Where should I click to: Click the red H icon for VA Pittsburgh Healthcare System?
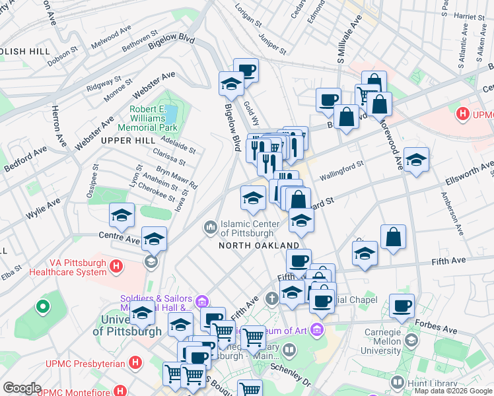click(x=116, y=267)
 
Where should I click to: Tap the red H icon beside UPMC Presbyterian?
click(x=135, y=362)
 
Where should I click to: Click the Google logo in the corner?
click(x=22, y=388)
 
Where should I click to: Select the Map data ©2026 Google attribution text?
click(x=452, y=391)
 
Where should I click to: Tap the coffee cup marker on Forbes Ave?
click(x=402, y=306)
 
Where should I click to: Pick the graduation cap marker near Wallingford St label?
click(x=416, y=160)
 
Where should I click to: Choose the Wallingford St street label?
click(x=341, y=172)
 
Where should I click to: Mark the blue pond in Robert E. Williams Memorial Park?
click(x=170, y=114)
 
